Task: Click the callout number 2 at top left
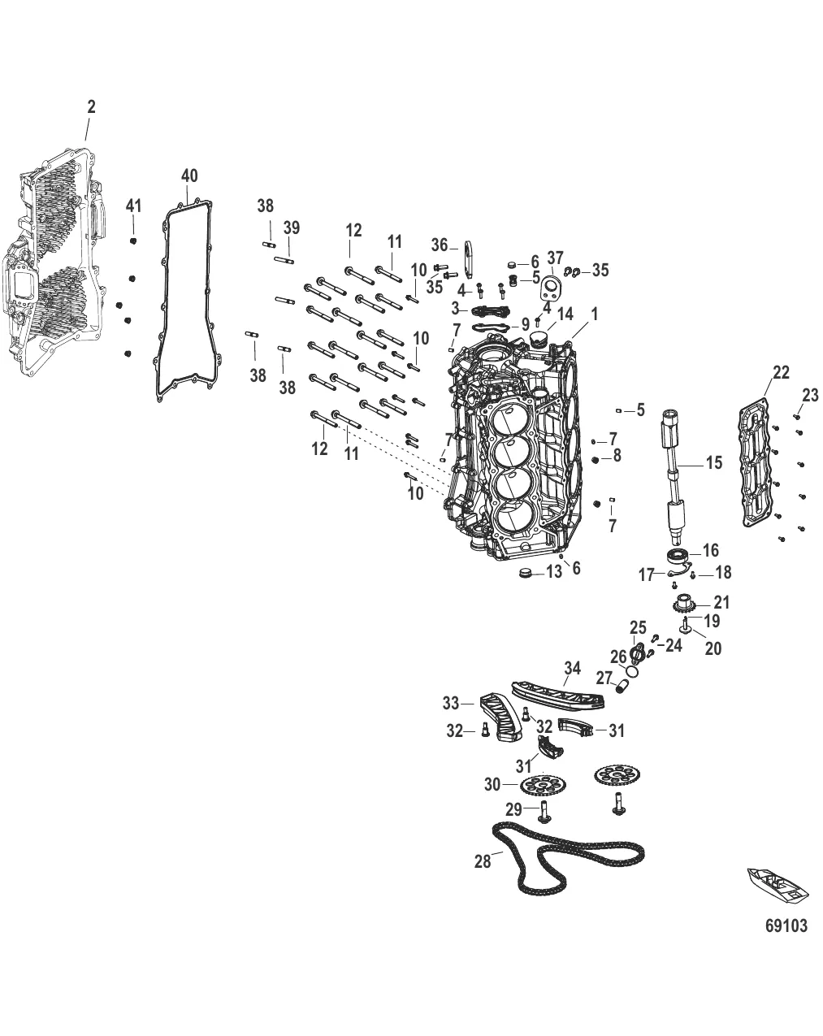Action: tap(91, 106)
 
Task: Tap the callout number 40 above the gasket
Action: tap(188, 176)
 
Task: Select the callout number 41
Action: tap(133, 207)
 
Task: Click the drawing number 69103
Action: tap(786, 925)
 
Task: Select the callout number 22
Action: tap(781, 372)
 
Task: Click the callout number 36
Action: tap(440, 244)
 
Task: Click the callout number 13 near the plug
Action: tap(553, 572)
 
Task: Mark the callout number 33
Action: tap(451, 703)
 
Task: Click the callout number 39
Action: tap(291, 229)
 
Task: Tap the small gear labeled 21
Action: tap(681, 605)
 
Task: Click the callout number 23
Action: tap(810, 395)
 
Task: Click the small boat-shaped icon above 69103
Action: tap(777, 886)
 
